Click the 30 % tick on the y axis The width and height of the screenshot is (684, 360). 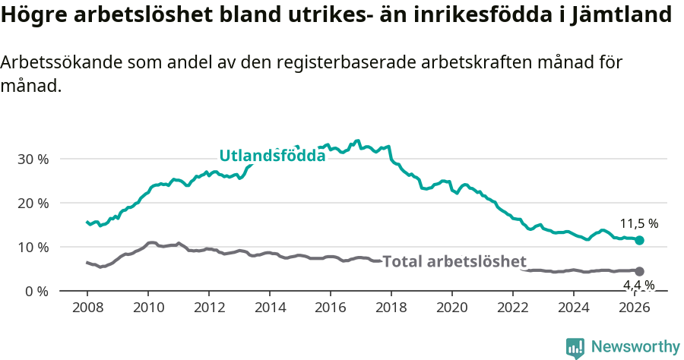click(x=33, y=159)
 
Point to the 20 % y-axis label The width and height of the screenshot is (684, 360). click(x=33, y=204)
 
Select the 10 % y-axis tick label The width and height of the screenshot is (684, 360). click(x=33, y=248)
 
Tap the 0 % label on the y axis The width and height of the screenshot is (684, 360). click(x=36, y=292)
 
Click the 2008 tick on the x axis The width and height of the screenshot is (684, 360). click(x=87, y=308)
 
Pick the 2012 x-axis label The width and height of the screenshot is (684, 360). click(x=209, y=308)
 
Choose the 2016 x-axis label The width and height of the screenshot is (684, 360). click(x=331, y=308)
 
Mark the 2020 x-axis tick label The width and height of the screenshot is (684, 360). click(x=452, y=308)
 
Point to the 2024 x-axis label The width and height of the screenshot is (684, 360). click(x=574, y=308)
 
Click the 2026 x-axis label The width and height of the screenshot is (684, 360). click(x=635, y=308)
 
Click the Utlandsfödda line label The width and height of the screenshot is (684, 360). click(x=272, y=156)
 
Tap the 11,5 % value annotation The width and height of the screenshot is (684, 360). click(x=639, y=224)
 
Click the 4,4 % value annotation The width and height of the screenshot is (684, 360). click(x=639, y=286)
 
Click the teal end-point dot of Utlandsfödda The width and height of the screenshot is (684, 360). click(x=639, y=240)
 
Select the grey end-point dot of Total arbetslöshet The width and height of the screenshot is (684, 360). click(x=639, y=271)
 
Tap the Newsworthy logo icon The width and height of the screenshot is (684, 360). click(x=575, y=347)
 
